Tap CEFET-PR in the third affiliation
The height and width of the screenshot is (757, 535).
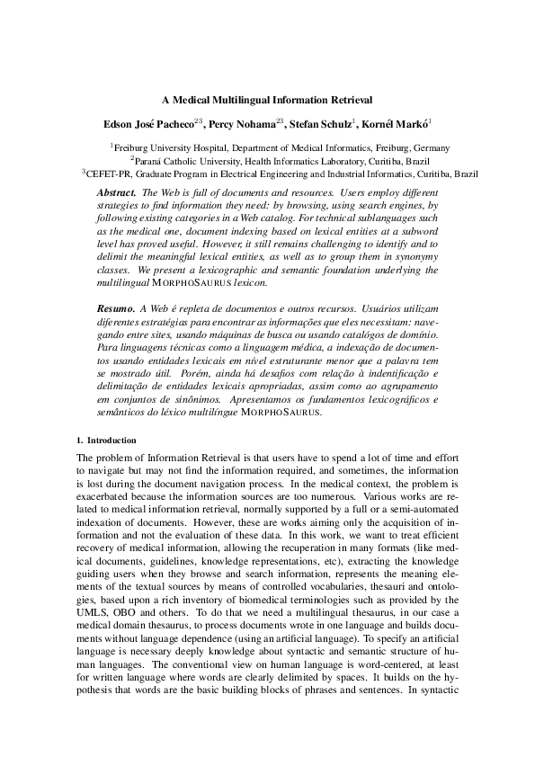106,174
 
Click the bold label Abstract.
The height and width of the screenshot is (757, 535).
116,194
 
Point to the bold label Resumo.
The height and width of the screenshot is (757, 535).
115,308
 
